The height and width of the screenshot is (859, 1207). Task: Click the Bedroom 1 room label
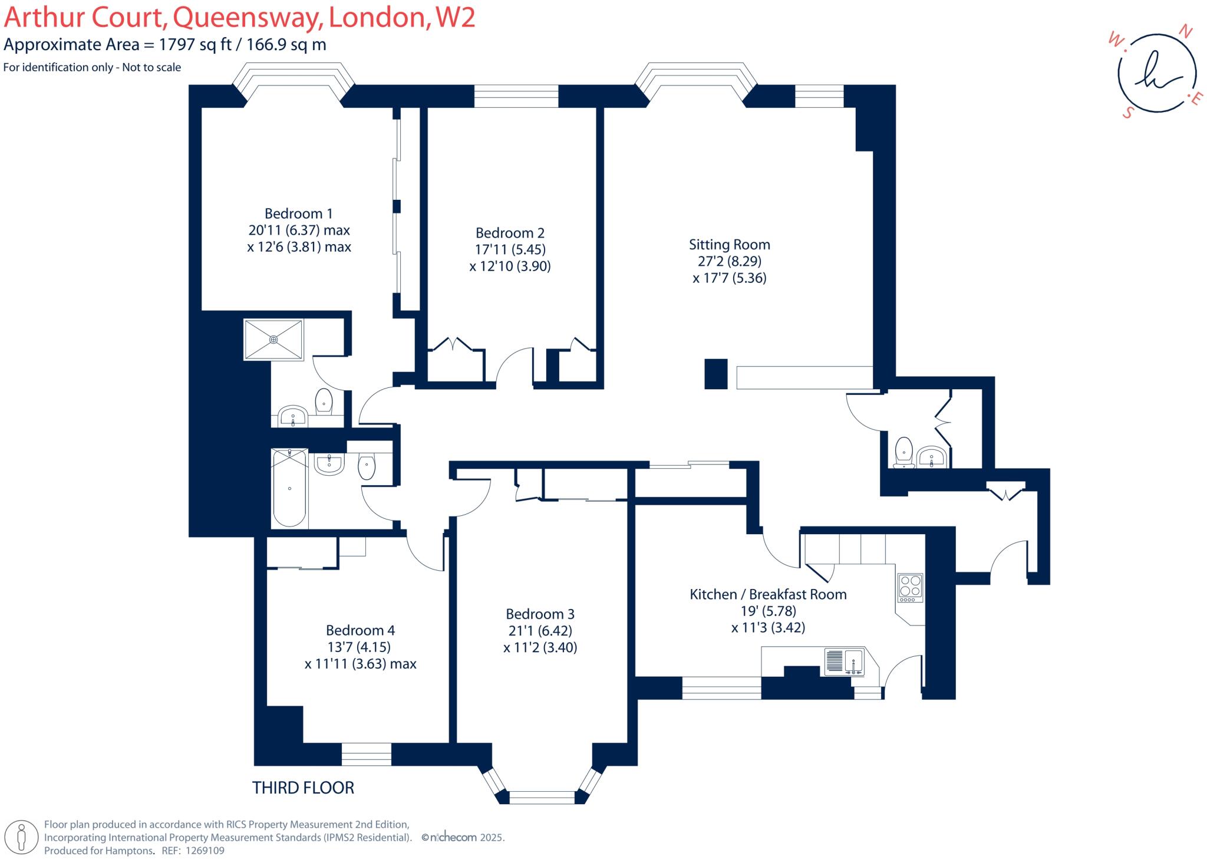click(x=298, y=213)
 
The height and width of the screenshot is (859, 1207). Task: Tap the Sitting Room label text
click(x=729, y=245)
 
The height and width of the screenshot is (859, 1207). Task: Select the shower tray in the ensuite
click(x=273, y=340)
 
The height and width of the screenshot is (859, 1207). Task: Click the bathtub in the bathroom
click(x=289, y=488)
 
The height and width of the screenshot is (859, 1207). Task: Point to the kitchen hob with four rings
click(x=910, y=587)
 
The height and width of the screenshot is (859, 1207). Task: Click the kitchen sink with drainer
click(x=843, y=661)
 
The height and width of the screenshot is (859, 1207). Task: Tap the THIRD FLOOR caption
click(x=303, y=788)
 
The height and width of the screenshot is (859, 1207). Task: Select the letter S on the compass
click(x=1128, y=113)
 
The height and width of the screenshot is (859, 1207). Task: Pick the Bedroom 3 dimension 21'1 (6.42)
click(x=540, y=630)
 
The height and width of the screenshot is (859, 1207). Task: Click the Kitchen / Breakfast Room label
click(x=768, y=594)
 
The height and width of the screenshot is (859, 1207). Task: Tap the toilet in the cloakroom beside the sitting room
click(x=903, y=453)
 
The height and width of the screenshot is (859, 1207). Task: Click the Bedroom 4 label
click(x=360, y=630)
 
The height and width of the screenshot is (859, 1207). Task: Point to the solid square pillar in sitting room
click(x=716, y=374)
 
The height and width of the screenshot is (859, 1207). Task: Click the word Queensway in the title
click(x=247, y=18)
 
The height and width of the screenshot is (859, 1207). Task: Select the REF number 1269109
click(x=205, y=851)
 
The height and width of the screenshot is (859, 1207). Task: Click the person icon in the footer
click(x=22, y=837)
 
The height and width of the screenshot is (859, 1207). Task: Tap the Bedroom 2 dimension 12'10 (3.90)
click(x=510, y=266)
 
